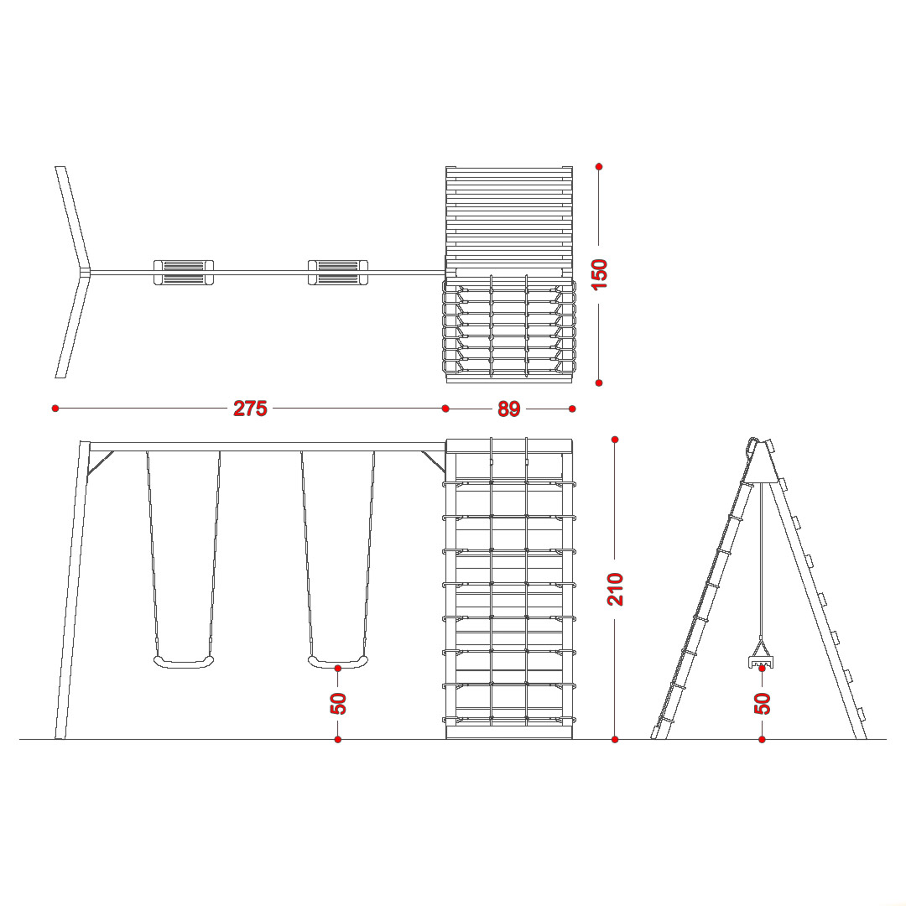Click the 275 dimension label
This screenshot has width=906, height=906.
pyautogui.click(x=250, y=409)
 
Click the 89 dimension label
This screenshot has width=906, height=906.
pyautogui.click(x=509, y=409)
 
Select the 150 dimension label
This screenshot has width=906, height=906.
pyautogui.click(x=600, y=274)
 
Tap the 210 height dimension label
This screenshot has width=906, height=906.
pyautogui.click(x=616, y=589)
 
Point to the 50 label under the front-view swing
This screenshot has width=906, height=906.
pyautogui.click(x=338, y=703)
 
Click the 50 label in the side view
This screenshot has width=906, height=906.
pyautogui.click(x=763, y=703)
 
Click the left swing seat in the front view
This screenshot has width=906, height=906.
pyautogui.click(x=184, y=662)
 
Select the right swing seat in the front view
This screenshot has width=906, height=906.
pyautogui.click(x=338, y=662)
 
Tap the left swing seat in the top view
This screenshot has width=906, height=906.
pyautogui.click(x=184, y=272)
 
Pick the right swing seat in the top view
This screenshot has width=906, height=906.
pyautogui.click(x=338, y=272)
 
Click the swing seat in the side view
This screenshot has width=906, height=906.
pyautogui.click(x=761, y=660)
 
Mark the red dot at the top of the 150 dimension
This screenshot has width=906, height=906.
pyautogui.click(x=599, y=166)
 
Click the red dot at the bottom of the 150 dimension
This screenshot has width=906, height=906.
pyautogui.click(x=599, y=383)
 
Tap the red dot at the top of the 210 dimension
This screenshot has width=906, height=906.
pyautogui.click(x=615, y=440)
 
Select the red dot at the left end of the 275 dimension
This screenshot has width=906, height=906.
pyautogui.click(x=55, y=409)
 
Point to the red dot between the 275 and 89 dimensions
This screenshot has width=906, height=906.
pyautogui.click(x=445, y=409)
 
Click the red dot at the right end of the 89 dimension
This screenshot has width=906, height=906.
pyautogui.click(x=572, y=409)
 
